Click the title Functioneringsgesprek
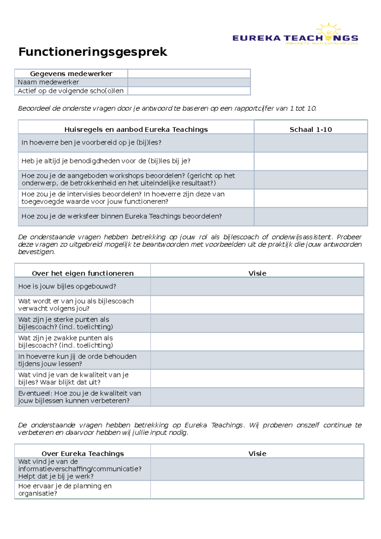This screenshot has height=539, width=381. click(92, 52)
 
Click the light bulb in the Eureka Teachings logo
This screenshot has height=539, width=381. click(328, 32)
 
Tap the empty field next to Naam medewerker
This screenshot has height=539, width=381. click(189, 82)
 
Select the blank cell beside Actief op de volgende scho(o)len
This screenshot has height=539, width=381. click(189, 91)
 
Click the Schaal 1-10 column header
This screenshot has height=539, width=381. click(311, 129)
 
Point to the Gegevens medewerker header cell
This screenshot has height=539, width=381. click(71, 74)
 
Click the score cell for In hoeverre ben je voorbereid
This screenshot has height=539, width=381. click(311, 143)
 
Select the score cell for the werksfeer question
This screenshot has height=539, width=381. click(311, 216)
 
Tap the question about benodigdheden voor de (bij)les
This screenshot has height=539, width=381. click(106, 161)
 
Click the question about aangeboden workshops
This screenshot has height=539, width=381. click(128, 179)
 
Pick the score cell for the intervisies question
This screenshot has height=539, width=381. click(311, 198)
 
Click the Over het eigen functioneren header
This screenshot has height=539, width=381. click(83, 273)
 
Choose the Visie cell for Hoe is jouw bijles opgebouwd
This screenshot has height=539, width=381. click(257, 286)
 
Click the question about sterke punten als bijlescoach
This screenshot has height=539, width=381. click(65, 323)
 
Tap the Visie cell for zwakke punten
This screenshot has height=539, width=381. click(257, 342)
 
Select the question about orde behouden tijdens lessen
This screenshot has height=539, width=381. click(77, 360)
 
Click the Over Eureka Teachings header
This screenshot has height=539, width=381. click(83, 454)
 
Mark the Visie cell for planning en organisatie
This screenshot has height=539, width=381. click(257, 489)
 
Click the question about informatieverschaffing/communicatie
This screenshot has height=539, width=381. click(80, 469)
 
